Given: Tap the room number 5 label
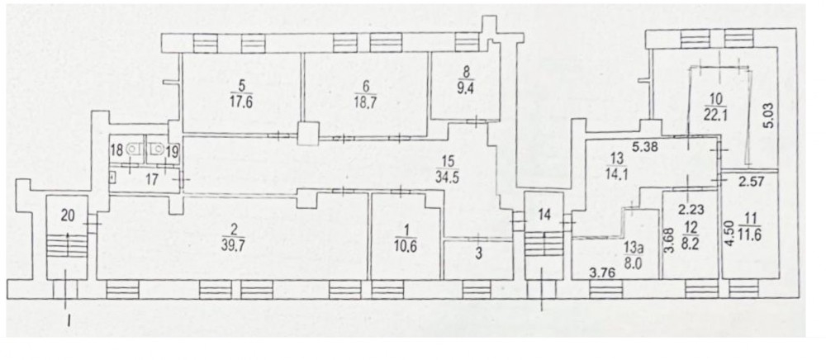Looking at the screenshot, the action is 242,86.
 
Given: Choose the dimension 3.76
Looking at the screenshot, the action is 601,272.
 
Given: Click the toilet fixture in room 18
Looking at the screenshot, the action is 131,149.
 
